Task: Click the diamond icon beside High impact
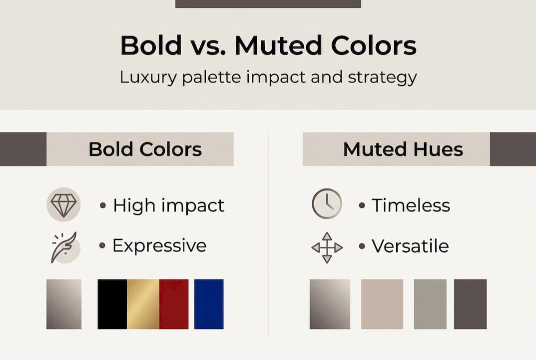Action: pyautogui.click(x=63, y=205)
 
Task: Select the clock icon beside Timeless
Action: pyautogui.click(x=327, y=204)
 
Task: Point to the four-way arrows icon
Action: pyautogui.click(x=327, y=247)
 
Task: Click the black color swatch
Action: pyautogui.click(x=112, y=304)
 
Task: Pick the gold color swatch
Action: pyautogui.click(x=143, y=304)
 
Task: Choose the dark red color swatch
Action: pyautogui.click(x=174, y=304)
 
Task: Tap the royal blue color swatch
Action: pyautogui.click(x=209, y=304)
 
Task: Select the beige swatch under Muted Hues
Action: pyautogui.click(x=382, y=304)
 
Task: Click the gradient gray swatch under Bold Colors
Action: pyautogui.click(x=64, y=304)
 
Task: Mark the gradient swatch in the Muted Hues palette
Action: pyautogui.click(x=330, y=304)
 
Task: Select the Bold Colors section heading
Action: pyautogui.click(x=145, y=149)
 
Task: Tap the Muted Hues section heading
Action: pyautogui.click(x=403, y=149)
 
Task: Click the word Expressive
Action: pyautogui.click(x=159, y=245)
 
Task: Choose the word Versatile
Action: pyautogui.click(x=410, y=246)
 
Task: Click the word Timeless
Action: pyautogui.click(x=411, y=205)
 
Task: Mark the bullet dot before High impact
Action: pyautogui.click(x=103, y=205)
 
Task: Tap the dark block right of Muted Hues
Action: pyautogui.click(x=513, y=149)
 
